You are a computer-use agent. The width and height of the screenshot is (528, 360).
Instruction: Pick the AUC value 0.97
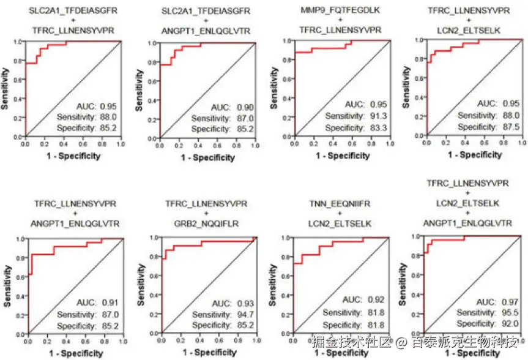(511, 302)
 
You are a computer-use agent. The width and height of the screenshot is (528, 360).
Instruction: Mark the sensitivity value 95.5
(511, 313)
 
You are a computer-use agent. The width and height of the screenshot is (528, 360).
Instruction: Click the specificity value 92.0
(511, 323)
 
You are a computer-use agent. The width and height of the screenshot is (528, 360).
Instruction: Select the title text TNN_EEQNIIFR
(340, 208)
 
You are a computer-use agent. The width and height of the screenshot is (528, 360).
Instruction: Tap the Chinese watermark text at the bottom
(415, 342)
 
